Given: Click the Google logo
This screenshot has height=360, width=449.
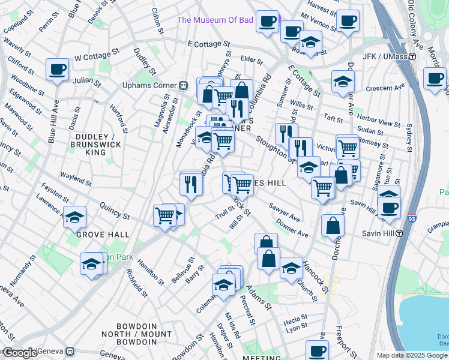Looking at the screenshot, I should (19, 353).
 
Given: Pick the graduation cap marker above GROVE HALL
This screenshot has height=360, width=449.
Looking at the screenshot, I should (75, 217).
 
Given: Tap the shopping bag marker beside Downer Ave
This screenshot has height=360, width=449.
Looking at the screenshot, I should (332, 227).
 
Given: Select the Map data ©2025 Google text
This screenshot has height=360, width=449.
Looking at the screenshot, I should (412, 355).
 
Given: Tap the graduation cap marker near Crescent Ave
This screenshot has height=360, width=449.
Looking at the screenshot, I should (342, 82).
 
